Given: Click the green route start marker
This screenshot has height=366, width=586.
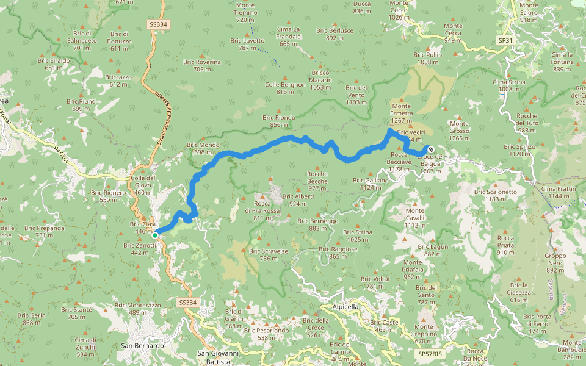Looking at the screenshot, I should pos(155,235).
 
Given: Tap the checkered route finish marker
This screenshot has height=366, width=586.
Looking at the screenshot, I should pos(430,149).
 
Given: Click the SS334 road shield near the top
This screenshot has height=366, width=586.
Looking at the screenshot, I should pos(157,24).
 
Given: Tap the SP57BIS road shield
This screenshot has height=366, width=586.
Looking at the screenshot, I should pos(430,354).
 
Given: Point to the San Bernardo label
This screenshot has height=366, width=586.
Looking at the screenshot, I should pos(142,346).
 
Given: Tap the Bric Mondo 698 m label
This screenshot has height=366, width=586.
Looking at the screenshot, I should pos(203,148).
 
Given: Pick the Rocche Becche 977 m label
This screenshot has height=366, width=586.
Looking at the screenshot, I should pos(317,181).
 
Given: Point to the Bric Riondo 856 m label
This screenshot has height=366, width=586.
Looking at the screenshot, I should pos(278,121).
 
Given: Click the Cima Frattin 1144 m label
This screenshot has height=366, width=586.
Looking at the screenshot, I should pos(559,193).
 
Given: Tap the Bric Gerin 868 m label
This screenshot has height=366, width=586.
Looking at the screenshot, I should pos(35,318).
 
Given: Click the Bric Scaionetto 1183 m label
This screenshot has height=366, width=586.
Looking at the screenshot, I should pos(496,195).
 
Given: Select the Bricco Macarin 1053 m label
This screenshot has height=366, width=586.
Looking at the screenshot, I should pos(320,80).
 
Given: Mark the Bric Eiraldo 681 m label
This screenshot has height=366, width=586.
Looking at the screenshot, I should pos(54,64).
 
